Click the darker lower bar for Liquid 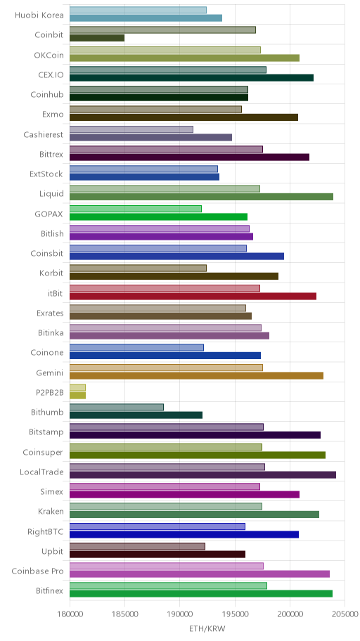coord(201,197)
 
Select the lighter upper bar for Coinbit coord(162,30)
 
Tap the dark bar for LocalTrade coord(203,475)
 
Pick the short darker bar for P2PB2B coord(78,395)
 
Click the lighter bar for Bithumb coord(117,407)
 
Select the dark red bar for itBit coord(193,297)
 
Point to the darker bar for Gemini coord(196,376)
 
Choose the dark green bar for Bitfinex coord(201,594)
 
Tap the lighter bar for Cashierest coord(131,129)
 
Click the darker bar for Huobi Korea coord(146,18)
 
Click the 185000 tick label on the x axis coord(124,614)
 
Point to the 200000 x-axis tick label coord(290,614)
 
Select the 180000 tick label coord(70,614)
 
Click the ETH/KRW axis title coord(207,628)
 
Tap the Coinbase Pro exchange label coord(38,571)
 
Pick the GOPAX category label coord(49,214)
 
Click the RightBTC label coord(46,531)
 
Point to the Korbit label coord(51,273)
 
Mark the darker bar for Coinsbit coord(176,257)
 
